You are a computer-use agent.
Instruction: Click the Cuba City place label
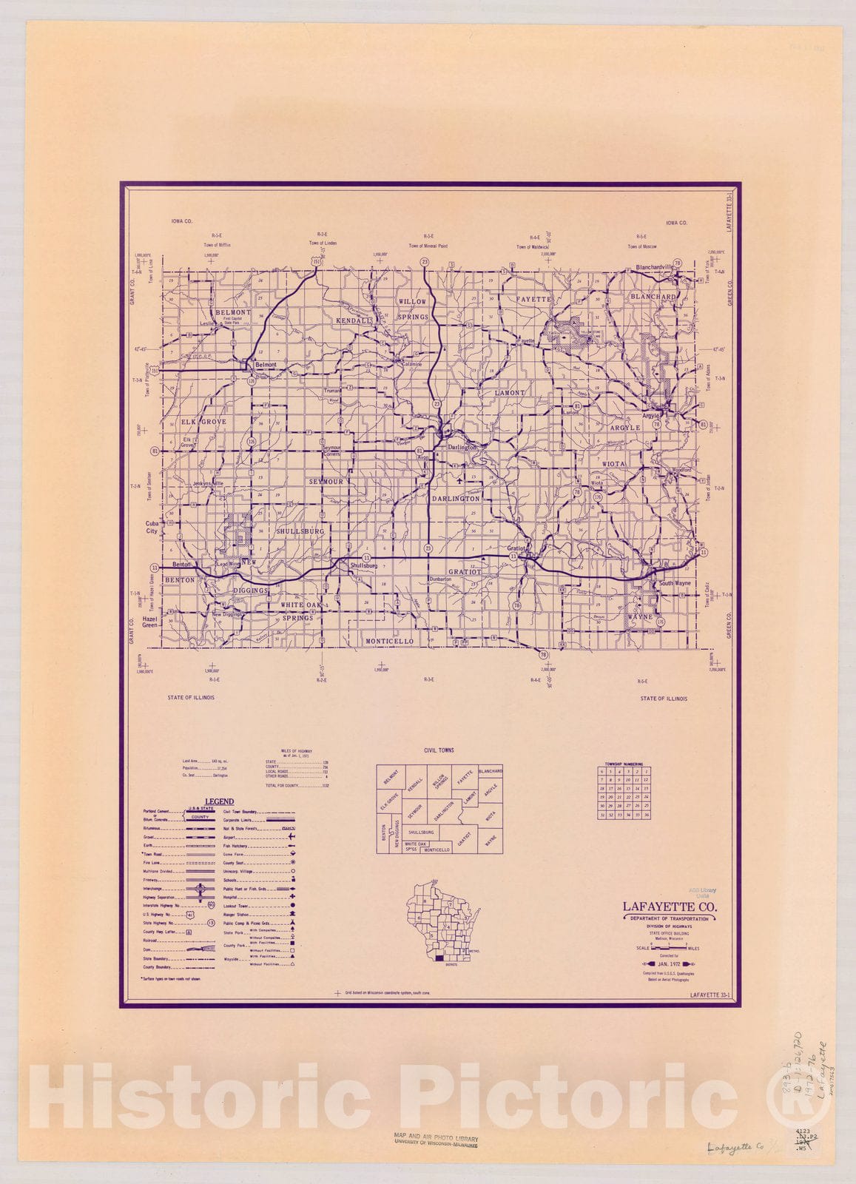(152, 527)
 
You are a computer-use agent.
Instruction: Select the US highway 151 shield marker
(317, 262)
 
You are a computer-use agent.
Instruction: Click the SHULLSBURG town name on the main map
(300, 531)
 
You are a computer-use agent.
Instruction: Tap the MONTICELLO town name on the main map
(389, 641)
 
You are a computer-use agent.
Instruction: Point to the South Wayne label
(675, 584)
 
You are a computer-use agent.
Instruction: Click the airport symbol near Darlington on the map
(461, 479)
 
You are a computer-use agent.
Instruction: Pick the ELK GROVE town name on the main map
(203, 421)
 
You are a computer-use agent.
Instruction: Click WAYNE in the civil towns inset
(490, 841)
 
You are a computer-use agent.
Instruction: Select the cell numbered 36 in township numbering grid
(647, 815)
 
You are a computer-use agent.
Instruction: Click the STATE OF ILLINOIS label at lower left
(191, 698)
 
